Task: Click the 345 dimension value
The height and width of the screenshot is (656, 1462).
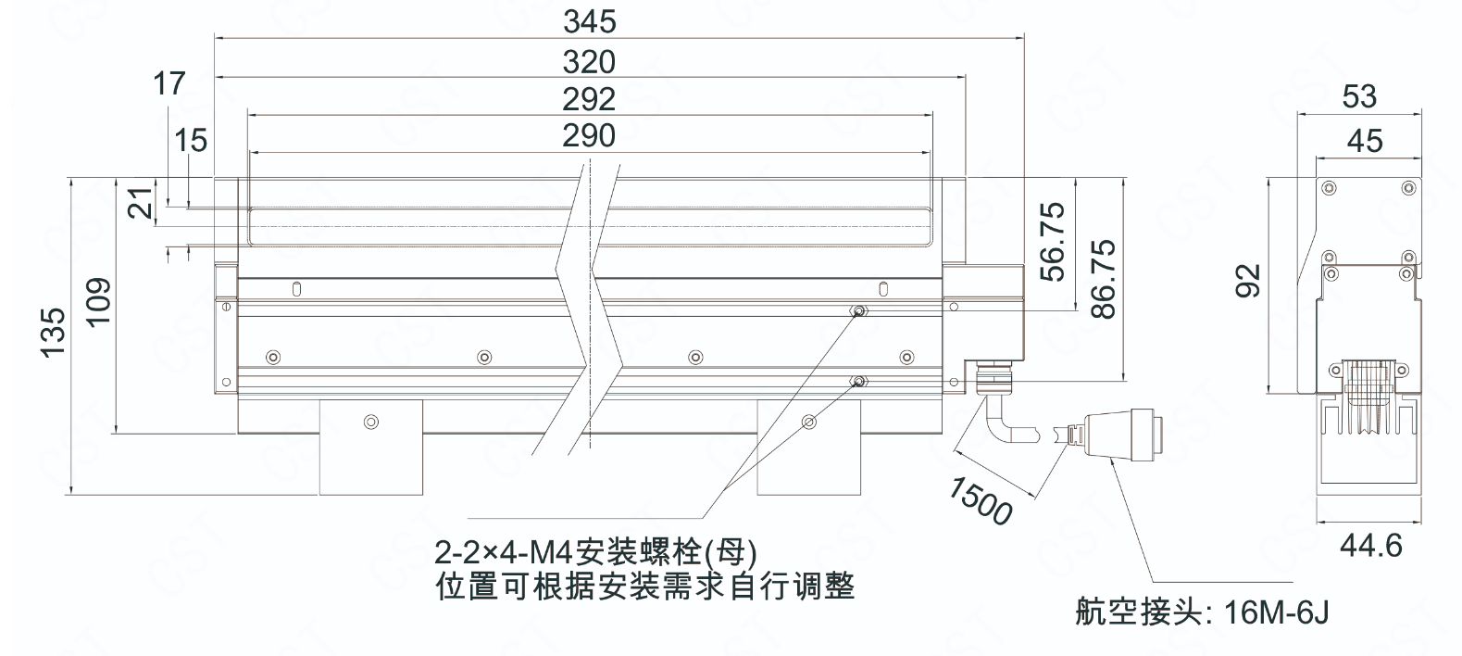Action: point(589,20)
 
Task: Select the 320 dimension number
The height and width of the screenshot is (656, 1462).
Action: point(589,61)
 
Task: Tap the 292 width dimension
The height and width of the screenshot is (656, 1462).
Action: point(589,98)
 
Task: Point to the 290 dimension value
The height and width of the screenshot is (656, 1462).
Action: point(589,135)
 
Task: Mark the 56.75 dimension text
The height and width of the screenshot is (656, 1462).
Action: point(1053,241)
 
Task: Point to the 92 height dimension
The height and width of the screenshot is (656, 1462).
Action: point(1249,280)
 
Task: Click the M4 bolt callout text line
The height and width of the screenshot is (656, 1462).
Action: point(596,553)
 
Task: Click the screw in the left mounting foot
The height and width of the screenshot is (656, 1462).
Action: point(371,422)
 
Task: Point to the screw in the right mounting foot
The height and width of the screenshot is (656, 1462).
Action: point(809,422)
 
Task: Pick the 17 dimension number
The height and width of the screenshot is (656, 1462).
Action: point(169,83)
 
